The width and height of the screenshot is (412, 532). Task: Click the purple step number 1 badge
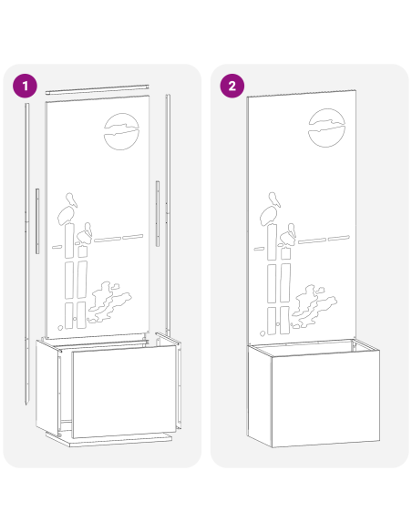(26, 86)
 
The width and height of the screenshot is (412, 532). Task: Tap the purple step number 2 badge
(232, 86)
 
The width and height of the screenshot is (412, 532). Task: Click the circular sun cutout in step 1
(121, 131)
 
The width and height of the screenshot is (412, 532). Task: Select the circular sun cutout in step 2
(326, 128)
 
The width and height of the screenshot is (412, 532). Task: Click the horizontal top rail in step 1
(97, 89)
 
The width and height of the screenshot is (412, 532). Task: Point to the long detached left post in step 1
(26, 254)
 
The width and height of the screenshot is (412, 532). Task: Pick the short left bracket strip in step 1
(37, 220)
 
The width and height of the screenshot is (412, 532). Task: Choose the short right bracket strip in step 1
(158, 213)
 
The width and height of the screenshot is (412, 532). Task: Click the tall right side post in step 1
(168, 214)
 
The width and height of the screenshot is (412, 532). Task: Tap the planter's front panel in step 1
(125, 391)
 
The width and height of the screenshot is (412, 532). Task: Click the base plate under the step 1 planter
(109, 439)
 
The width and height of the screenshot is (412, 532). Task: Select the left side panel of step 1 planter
(47, 387)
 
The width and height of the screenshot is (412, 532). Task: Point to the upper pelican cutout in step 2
(270, 209)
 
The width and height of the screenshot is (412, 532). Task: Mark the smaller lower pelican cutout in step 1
(85, 233)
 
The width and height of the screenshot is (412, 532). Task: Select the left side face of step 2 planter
(260, 396)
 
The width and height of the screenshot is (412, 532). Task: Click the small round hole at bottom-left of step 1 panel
(60, 328)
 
